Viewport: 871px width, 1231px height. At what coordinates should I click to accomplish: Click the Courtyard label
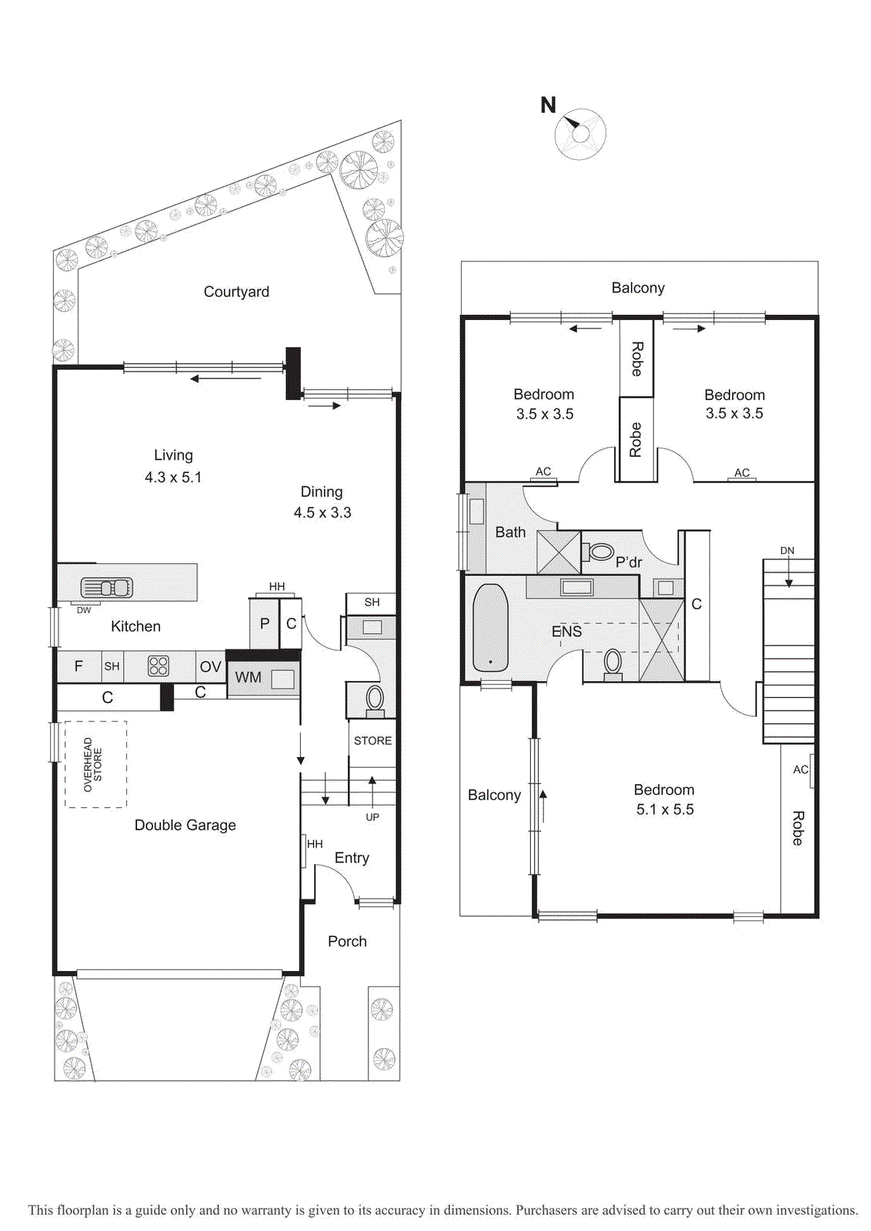pyautogui.click(x=236, y=292)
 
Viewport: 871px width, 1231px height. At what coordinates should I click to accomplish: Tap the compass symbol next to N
pyautogui.click(x=580, y=134)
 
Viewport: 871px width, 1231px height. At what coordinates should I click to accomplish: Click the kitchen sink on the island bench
pyautogui.click(x=107, y=588)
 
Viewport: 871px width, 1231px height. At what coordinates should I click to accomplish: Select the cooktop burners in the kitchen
pyautogui.click(x=159, y=666)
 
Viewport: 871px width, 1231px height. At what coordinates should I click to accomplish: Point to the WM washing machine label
pyautogui.click(x=248, y=678)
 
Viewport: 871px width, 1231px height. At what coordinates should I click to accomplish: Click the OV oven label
pyautogui.click(x=211, y=666)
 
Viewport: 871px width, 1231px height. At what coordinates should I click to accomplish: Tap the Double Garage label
pyautogui.click(x=185, y=825)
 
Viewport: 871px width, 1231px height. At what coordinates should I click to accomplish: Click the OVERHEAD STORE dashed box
pyautogui.click(x=95, y=765)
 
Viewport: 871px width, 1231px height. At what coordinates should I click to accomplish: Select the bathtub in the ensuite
pyautogui.click(x=490, y=628)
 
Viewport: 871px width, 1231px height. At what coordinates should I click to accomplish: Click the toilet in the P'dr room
pyautogui.click(x=598, y=552)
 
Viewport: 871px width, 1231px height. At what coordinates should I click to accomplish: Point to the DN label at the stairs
pyautogui.click(x=787, y=551)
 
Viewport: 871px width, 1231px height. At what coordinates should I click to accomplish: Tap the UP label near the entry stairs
pyautogui.click(x=372, y=817)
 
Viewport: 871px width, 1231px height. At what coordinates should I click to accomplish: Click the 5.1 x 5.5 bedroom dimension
pyautogui.click(x=665, y=809)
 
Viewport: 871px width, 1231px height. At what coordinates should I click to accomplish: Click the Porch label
pyautogui.click(x=347, y=942)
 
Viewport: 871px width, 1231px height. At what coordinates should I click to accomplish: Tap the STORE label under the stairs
pyautogui.click(x=372, y=741)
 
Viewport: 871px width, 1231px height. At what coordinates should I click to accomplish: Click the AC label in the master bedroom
pyautogui.click(x=800, y=770)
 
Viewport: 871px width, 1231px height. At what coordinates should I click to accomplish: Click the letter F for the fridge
pyautogui.click(x=78, y=666)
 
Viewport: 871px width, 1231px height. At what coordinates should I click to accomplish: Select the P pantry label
pyautogui.click(x=265, y=624)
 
